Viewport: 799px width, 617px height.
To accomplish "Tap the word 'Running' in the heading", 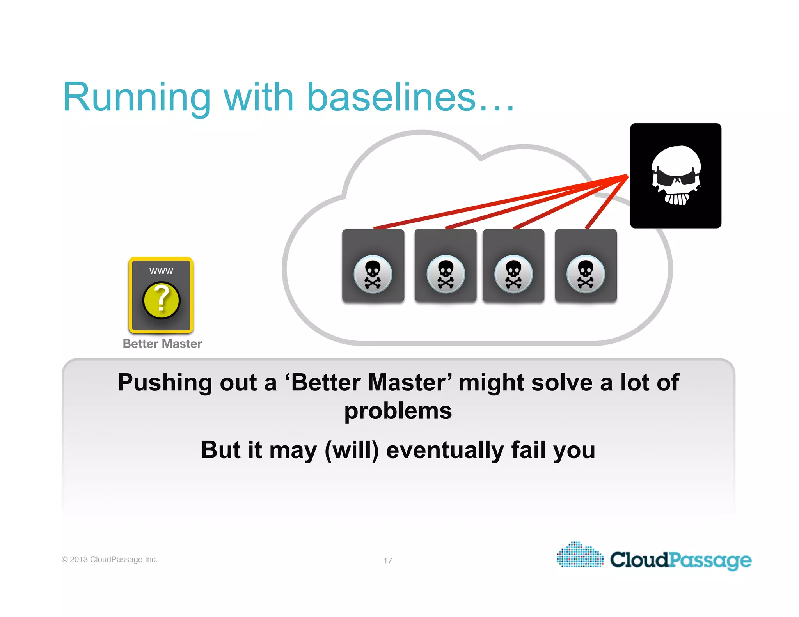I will pos(137,98).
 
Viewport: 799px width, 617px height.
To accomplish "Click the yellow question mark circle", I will pos(161,301).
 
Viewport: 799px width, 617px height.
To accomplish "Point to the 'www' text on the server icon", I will pos(161,271).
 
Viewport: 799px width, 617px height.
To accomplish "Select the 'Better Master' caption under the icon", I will pos(162,344).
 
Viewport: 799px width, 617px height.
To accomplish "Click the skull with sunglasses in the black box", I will pos(676,176).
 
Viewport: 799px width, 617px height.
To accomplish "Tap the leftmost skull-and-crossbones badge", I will pos(373,274).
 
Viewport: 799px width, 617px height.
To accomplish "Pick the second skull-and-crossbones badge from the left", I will pos(446,274).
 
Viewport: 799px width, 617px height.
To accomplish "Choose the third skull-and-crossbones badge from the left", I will pos(513,274).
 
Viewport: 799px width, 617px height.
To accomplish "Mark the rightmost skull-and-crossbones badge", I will pos(586,274).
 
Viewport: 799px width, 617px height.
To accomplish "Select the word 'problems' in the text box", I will pos(398,411).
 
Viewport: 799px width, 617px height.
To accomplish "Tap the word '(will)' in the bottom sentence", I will pos(352,450).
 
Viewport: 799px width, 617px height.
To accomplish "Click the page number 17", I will pos(388,560).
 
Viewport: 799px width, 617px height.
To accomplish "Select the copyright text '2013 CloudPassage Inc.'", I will pos(114,560).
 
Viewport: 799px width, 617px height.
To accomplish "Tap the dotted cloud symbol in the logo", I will pos(580,555).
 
